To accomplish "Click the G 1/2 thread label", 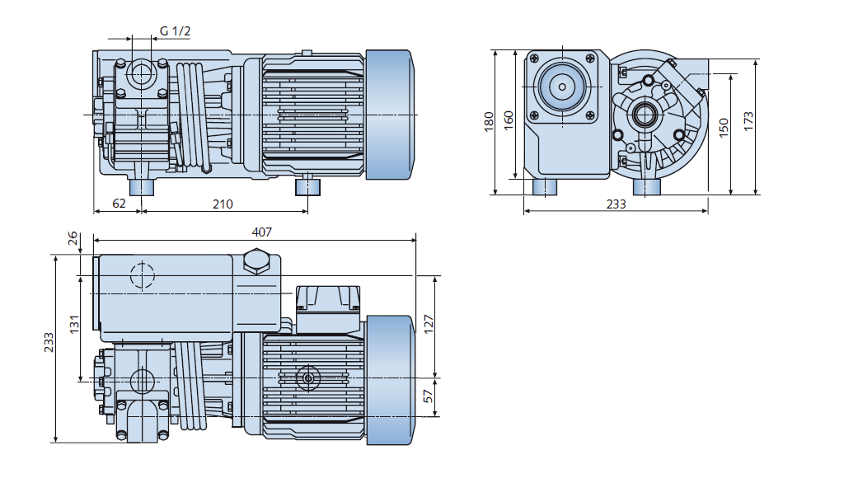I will (x=175, y=31).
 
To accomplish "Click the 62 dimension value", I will (x=119, y=204).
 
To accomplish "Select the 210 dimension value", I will (x=223, y=204).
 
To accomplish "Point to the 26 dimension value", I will (x=73, y=238).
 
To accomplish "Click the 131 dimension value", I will (x=73, y=326).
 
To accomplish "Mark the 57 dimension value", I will (x=428, y=396).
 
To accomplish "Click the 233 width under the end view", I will (x=615, y=204).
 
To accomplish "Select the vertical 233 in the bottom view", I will (x=49, y=341).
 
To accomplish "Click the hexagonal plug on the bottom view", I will (x=256, y=263).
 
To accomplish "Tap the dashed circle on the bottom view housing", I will (x=142, y=274).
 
